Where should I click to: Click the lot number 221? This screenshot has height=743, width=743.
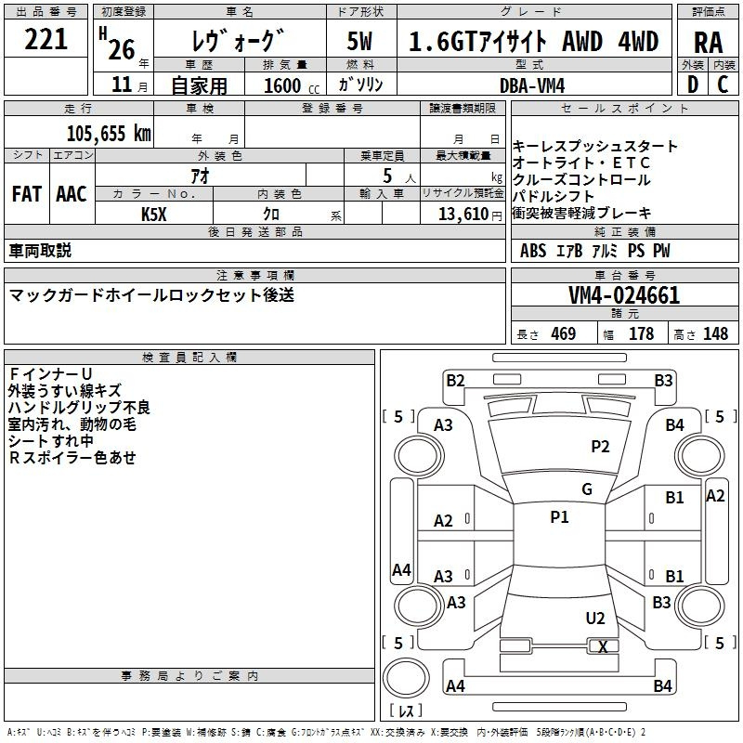pyautogui.click(x=46, y=40)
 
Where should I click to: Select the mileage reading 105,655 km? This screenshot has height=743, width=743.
pyautogui.click(x=109, y=134)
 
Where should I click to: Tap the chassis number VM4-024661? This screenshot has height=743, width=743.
pyautogui.click(x=623, y=296)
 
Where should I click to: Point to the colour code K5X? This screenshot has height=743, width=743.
pyautogui.click(x=153, y=215)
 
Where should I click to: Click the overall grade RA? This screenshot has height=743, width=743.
pyautogui.click(x=708, y=42)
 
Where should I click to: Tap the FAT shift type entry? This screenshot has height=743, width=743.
pyautogui.click(x=26, y=194)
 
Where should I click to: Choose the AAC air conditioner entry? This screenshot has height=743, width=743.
pyautogui.click(x=72, y=194)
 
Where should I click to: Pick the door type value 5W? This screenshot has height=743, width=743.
pyautogui.click(x=359, y=42)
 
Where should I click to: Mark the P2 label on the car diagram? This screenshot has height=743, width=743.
pyautogui.click(x=600, y=447)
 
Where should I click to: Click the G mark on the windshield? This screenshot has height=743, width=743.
pyautogui.click(x=587, y=489)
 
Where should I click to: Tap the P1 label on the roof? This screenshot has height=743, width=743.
pyautogui.click(x=559, y=517)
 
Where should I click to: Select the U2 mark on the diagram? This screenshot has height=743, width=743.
pyautogui.click(x=595, y=619)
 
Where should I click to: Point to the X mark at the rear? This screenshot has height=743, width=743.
pyautogui.click(x=604, y=646)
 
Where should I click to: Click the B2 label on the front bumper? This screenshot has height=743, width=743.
pyautogui.click(x=455, y=380)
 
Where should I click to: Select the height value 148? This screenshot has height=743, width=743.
pyautogui.click(x=715, y=334)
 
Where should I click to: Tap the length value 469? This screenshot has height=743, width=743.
pyautogui.click(x=563, y=334)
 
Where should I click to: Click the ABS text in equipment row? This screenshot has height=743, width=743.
pyautogui.click(x=533, y=251)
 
